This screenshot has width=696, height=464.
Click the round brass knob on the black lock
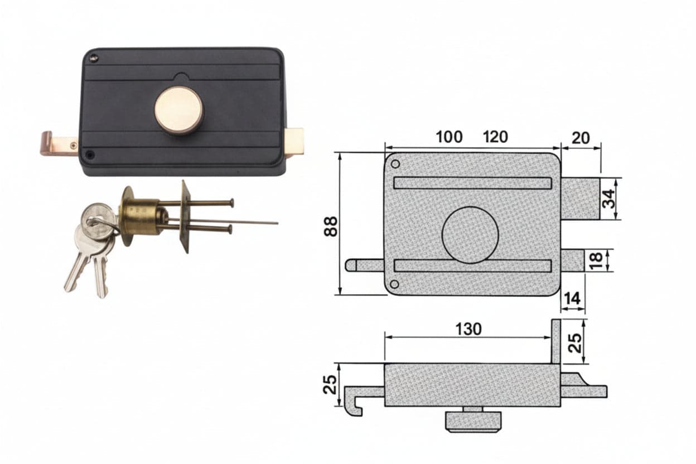click(179, 110)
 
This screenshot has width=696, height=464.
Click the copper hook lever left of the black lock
click(59, 143)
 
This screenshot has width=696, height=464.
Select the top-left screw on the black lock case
click(94, 57)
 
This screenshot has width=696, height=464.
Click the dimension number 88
click(330, 226)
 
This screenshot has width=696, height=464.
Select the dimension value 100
click(449, 137)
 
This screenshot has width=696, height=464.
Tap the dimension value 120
click(495, 137)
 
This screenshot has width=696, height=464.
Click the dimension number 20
click(581, 138)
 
